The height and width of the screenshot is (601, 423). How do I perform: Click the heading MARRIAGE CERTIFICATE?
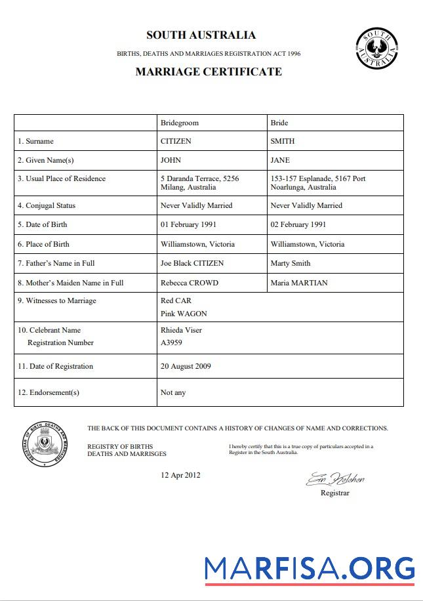point(209,72)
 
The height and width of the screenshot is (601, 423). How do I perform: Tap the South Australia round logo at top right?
point(376,48)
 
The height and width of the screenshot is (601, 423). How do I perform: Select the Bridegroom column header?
point(180,123)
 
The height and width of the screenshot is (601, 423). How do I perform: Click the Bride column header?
point(279,123)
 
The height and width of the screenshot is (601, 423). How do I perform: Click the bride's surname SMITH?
point(283,141)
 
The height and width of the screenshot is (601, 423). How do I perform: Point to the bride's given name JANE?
point(280,160)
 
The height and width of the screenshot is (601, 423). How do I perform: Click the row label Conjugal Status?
point(50,205)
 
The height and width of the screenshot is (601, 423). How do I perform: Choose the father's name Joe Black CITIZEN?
point(192,263)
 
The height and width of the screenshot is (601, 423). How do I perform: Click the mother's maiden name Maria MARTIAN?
point(299,283)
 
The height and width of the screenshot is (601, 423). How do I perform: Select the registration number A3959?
point(171,342)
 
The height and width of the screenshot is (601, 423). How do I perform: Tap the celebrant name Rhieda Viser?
point(181,330)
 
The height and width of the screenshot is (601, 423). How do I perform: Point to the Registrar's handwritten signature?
point(335,479)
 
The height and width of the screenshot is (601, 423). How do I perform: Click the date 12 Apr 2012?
point(180,475)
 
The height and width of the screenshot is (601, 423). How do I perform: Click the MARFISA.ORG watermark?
point(309,568)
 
